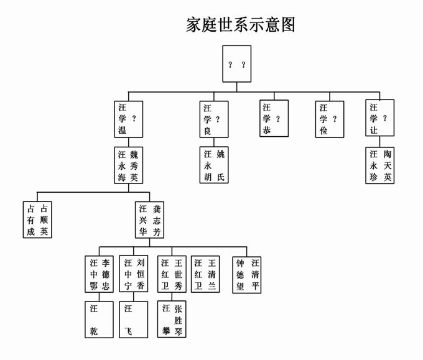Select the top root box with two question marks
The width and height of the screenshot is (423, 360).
click(x=236, y=64)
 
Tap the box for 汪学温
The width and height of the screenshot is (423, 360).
click(x=129, y=119)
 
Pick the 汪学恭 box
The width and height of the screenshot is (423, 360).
click(x=274, y=118)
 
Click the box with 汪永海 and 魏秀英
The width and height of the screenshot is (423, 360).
click(x=129, y=165)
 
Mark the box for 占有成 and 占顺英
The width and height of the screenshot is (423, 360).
click(x=37, y=220)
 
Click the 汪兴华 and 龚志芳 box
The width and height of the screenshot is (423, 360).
click(x=150, y=220)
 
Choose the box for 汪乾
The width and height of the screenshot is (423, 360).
click(x=99, y=319)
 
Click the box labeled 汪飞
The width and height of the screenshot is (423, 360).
click(x=134, y=319)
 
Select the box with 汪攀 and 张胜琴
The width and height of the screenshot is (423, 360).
click(x=171, y=319)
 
